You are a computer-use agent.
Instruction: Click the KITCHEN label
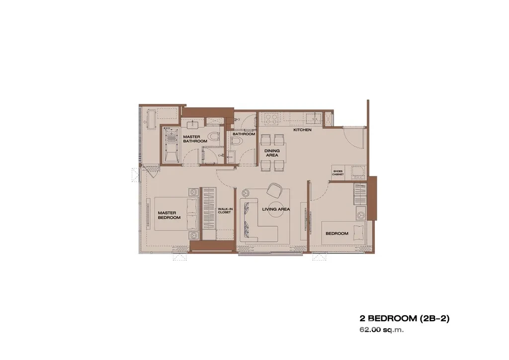[x=302, y=130]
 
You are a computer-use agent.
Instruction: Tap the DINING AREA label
[x=272, y=153]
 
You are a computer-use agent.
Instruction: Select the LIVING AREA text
[x=276, y=209]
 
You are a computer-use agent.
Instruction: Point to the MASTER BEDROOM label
[x=169, y=215]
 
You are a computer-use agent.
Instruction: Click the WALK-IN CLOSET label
[x=224, y=211]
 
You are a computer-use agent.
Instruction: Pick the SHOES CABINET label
[x=338, y=173]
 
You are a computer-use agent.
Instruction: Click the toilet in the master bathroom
[x=214, y=137]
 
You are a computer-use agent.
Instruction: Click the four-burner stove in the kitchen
[x=272, y=118]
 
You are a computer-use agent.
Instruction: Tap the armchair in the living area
[x=274, y=190]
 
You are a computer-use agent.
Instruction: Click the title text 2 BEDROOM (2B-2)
[x=404, y=318]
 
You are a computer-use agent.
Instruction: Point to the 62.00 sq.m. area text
[x=381, y=330]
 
